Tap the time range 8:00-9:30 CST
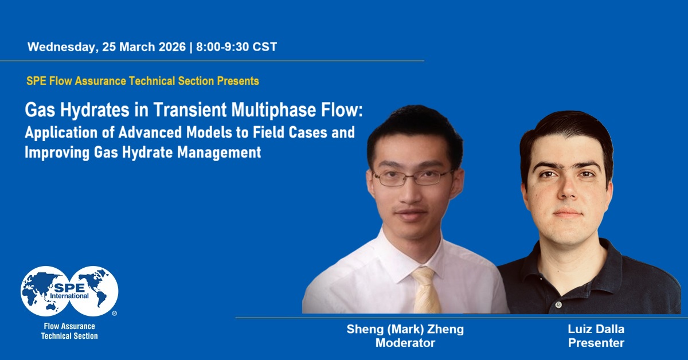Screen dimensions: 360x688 [x=236, y=47]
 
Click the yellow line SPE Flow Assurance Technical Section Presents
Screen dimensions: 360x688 [x=142, y=81]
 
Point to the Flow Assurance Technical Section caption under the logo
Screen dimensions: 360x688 [x=69, y=331]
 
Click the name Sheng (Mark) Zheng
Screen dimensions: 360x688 [x=405, y=329]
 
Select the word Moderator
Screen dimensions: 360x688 [x=405, y=343]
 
